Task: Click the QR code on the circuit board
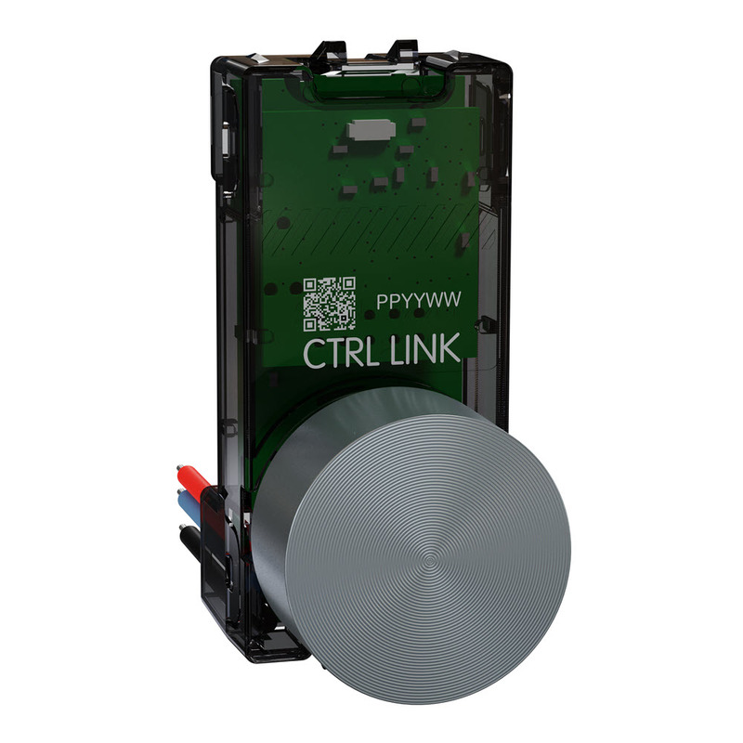(x=330, y=305)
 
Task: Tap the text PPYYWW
(x=419, y=301)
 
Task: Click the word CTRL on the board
(x=340, y=353)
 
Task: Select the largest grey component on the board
(x=371, y=129)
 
